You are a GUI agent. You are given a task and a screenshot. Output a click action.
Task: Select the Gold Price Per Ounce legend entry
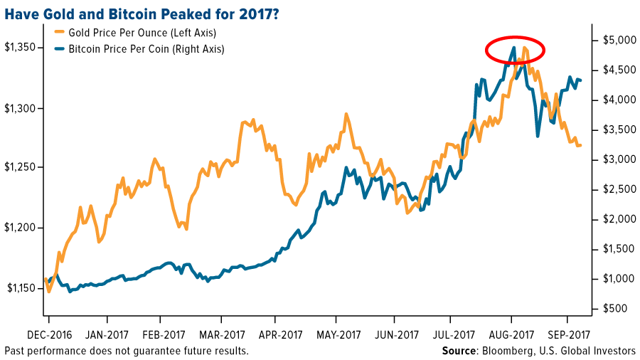coord(135,33)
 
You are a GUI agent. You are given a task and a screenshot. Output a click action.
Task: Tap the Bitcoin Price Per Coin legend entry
coord(139,49)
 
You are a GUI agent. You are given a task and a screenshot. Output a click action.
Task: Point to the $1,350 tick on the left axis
coord(19,48)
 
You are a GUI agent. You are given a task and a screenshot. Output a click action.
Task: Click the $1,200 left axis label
coord(19,228)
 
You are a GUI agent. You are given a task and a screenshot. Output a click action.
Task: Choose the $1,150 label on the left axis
coord(19,288)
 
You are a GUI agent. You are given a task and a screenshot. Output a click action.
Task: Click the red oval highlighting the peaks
coord(515,49)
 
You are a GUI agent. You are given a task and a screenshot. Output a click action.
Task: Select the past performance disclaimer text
coord(127,351)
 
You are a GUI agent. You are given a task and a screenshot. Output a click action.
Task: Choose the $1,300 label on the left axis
coord(19,108)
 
